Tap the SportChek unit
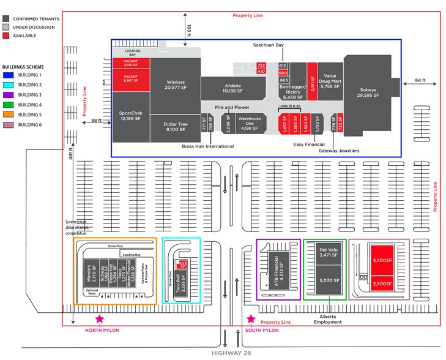coord(131,114)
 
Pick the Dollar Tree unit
coord(175,127)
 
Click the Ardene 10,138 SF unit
coord(232,88)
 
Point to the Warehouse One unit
coord(250,122)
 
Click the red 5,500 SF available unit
coord(383,260)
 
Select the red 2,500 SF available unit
coord(383,283)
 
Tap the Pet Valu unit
coord(325,258)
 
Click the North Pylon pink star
coord(99,319)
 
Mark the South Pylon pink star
coord(251,319)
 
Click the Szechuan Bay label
coord(269,45)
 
